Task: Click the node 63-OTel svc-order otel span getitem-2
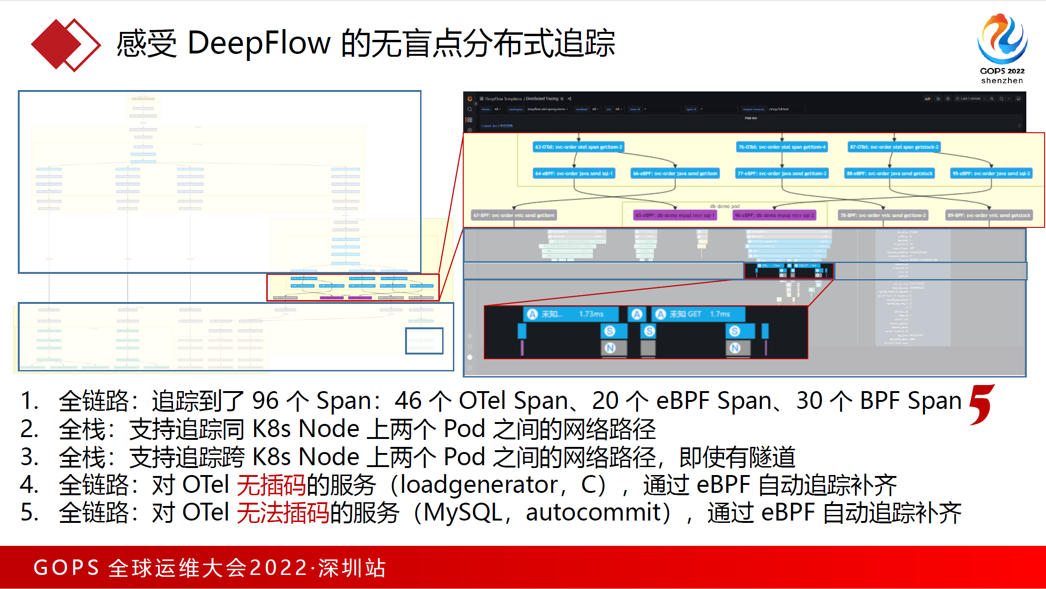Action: [579, 147]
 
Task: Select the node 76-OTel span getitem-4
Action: [782, 147]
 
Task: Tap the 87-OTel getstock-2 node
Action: [894, 147]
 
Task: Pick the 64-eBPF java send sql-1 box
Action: [574, 174]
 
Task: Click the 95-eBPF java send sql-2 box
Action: [991, 174]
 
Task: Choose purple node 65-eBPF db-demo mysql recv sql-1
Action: [675, 216]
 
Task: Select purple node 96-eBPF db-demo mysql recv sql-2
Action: [774, 216]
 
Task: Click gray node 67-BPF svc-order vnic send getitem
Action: [514, 216]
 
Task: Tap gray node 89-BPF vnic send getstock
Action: [989, 216]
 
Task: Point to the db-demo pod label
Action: [724, 206]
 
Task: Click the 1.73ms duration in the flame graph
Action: [591, 314]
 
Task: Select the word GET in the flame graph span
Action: [694, 314]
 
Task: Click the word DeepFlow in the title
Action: [259, 43]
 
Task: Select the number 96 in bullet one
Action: [265, 401]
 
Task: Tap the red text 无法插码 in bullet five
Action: [283, 513]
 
